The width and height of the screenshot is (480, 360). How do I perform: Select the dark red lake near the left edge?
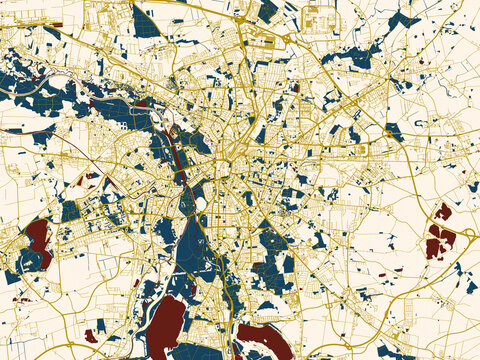(39, 240)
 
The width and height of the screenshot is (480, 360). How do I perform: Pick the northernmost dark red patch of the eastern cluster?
(443, 211)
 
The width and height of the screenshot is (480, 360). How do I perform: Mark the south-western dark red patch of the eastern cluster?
(433, 247)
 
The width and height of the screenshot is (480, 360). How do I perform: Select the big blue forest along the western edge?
(45, 95)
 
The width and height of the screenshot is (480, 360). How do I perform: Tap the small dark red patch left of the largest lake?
(92, 335)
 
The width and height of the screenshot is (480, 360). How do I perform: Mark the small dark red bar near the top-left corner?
(57, 24)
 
